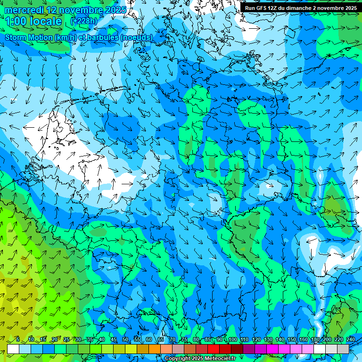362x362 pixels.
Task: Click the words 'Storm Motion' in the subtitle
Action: (x=28, y=37)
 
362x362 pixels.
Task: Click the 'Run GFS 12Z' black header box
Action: (x=300, y=8)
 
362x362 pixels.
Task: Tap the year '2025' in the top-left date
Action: (x=115, y=9)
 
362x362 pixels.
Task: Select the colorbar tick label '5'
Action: (x=18, y=339)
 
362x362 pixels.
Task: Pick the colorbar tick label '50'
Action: (x=125, y=339)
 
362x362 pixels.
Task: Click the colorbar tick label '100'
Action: (x=232, y=339)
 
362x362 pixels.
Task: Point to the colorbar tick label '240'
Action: (x=351, y=339)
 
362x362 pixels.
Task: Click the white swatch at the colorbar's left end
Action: (x=13, y=349)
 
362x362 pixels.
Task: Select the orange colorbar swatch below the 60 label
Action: (x=155, y=349)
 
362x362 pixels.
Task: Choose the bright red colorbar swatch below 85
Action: (x=214, y=349)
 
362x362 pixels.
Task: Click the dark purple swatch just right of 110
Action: (x=249, y=349)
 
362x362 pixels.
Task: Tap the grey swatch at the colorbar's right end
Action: (x=343, y=349)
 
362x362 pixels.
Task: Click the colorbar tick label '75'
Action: (x=184, y=339)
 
